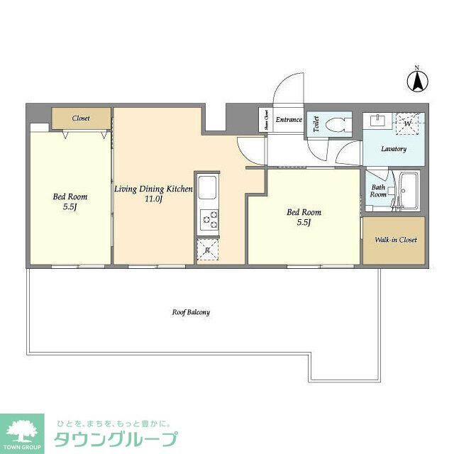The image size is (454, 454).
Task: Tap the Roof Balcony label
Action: (191, 311)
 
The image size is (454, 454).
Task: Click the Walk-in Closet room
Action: (396, 240)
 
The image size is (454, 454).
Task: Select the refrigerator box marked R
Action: (207, 249)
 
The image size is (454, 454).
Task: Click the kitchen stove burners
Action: (209, 221)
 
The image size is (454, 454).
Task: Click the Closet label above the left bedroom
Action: (81, 118)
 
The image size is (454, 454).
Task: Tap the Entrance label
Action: (289, 119)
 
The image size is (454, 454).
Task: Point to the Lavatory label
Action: (393, 149)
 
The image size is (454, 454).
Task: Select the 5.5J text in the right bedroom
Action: (304, 223)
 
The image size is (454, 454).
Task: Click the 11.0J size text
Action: (154, 200)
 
